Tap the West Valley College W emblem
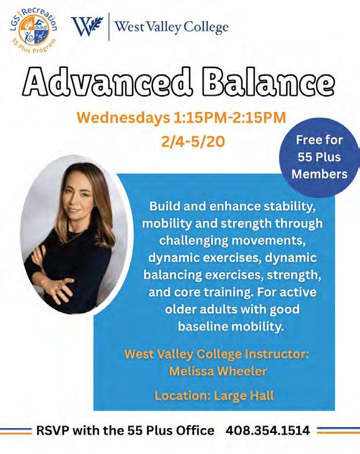click(87, 26)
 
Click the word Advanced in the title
click(108, 82)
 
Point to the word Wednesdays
click(124, 117)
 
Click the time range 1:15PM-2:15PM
click(230, 117)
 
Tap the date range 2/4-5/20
click(193, 141)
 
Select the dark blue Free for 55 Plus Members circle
click(319, 157)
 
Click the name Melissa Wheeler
click(218, 371)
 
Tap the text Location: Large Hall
click(214, 396)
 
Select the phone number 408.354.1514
click(268, 431)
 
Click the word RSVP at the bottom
click(53, 431)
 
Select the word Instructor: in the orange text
click(277, 354)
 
